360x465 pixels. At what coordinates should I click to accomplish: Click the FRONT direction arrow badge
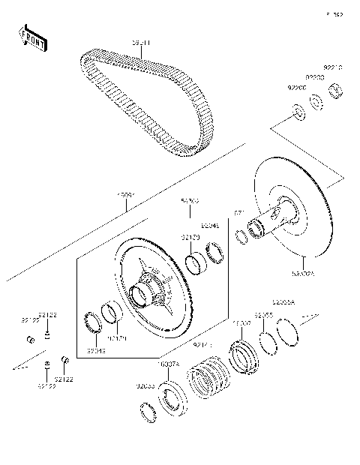pos(32,38)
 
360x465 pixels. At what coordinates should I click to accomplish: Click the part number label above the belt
pos(141,43)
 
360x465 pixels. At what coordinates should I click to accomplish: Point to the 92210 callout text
pos(332,67)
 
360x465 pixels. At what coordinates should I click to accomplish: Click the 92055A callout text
pos(283,301)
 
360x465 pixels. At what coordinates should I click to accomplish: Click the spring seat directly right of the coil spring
pos(244,357)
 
